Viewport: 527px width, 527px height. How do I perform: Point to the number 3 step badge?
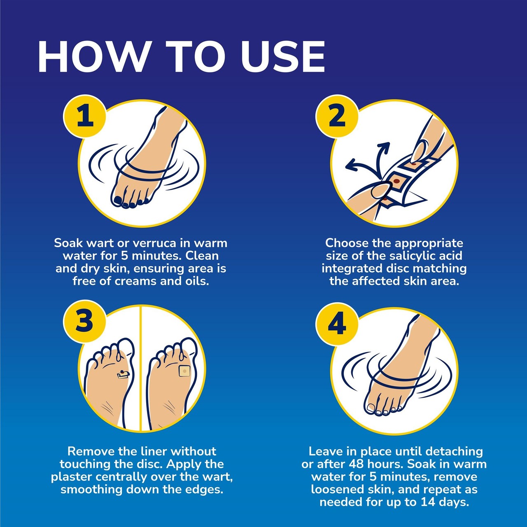click(x=84, y=321)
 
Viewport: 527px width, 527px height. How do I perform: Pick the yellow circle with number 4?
click(x=337, y=324)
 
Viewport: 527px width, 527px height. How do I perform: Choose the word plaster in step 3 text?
click(x=72, y=477)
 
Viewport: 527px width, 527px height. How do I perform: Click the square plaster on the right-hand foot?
click(x=184, y=371)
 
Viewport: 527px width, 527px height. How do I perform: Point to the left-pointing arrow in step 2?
click(x=352, y=166)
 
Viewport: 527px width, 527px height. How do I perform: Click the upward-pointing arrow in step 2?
click(x=384, y=148)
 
